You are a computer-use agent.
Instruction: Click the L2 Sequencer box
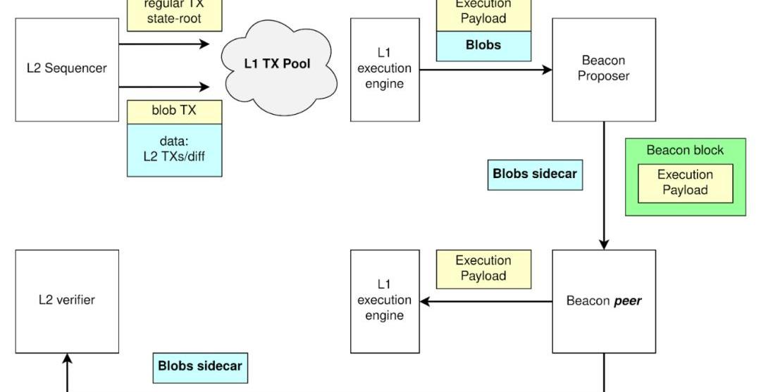click(x=67, y=69)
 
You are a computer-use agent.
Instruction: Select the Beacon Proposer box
click(x=603, y=69)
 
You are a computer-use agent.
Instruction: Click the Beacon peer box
click(x=603, y=301)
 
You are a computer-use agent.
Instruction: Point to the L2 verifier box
click(x=67, y=301)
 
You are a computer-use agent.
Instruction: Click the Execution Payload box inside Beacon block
click(x=685, y=183)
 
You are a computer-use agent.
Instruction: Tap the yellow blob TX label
click(x=174, y=111)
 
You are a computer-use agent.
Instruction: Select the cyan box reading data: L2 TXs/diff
click(x=174, y=150)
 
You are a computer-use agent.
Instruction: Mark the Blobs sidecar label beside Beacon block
click(x=535, y=175)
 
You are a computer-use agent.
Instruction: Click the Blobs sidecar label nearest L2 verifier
click(x=200, y=367)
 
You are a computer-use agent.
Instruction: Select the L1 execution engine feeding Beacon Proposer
click(x=384, y=69)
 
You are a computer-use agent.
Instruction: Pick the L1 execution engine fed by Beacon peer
click(x=384, y=301)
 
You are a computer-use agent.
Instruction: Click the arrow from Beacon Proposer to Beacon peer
click(x=604, y=186)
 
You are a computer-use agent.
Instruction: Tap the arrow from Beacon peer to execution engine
click(x=486, y=302)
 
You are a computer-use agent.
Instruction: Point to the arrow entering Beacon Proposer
click(x=486, y=70)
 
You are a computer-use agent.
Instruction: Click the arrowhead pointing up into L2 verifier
click(x=68, y=360)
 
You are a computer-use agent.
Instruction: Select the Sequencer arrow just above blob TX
click(x=164, y=87)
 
